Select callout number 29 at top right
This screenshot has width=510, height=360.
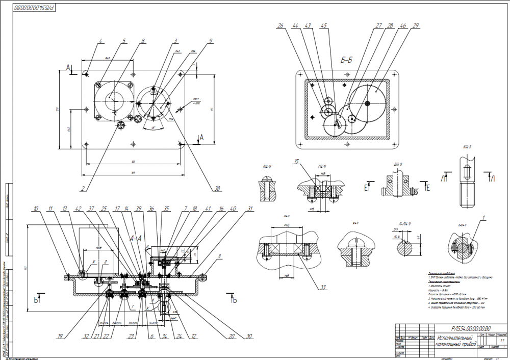[417, 25]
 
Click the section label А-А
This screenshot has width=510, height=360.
[136, 238]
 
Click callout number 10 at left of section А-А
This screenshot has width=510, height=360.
[36, 209]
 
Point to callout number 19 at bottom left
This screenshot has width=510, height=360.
[60, 337]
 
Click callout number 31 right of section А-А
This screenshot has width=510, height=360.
[250, 209]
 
